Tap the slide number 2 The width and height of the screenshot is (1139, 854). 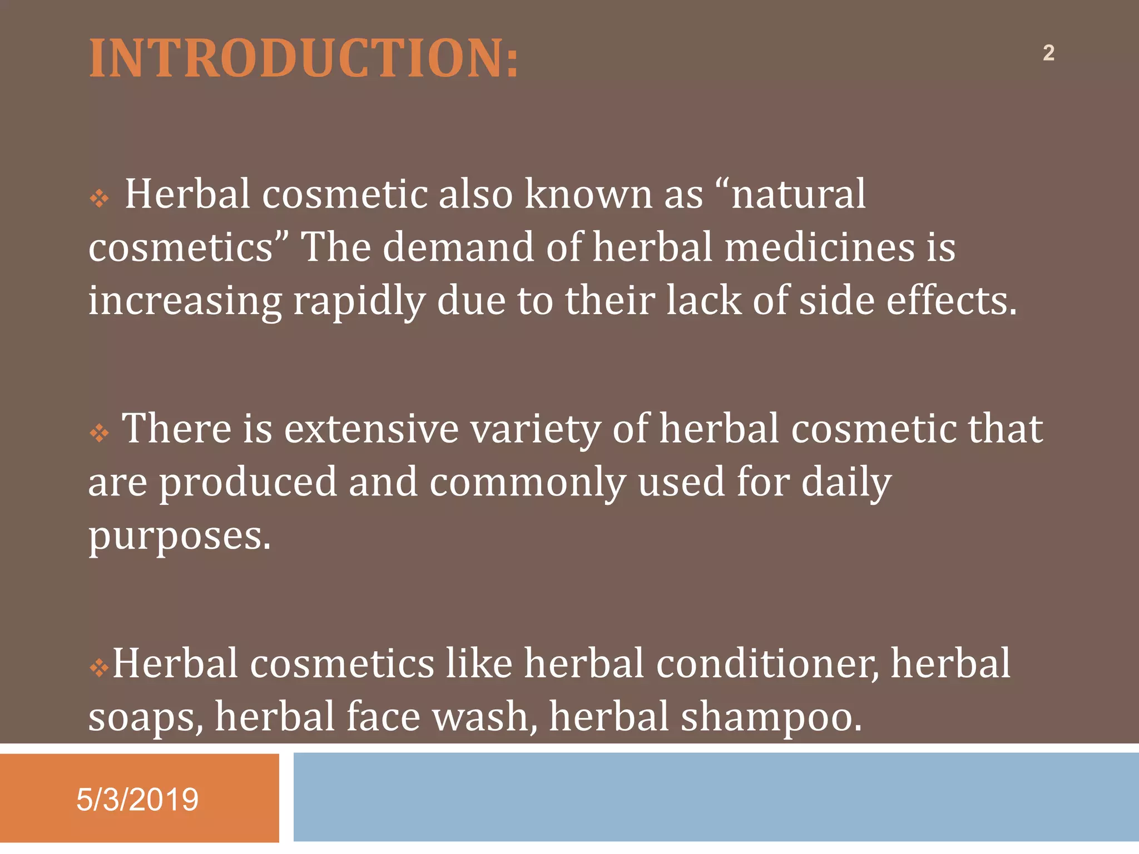click(1048, 53)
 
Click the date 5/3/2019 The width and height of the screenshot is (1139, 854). click(137, 800)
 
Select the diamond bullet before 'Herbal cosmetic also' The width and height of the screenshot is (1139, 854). click(99, 198)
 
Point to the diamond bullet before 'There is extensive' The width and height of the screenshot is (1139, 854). click(99, 433)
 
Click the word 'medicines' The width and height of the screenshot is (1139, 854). click(820, 247)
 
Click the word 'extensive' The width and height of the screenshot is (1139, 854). click(371, 429)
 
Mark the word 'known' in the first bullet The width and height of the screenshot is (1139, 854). click(588, 195)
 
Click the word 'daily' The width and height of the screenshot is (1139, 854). click(846, 483)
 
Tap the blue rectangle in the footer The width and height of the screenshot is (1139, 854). click(716, 797)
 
